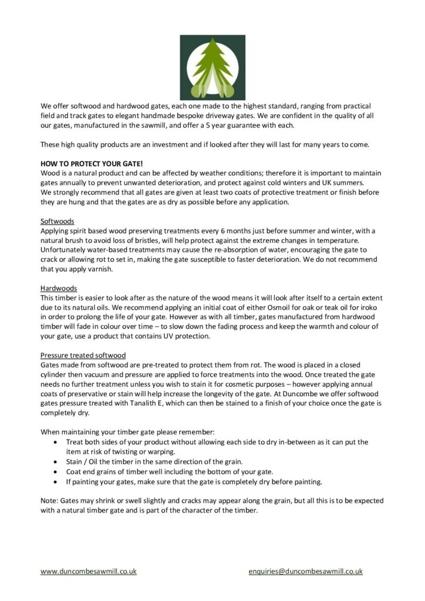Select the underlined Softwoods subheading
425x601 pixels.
57,221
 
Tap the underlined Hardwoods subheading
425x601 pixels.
59,288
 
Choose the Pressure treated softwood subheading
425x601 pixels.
83,355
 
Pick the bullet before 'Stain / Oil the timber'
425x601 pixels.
55,462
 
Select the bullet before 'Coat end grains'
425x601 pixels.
55,472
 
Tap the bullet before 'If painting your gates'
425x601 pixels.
55,481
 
